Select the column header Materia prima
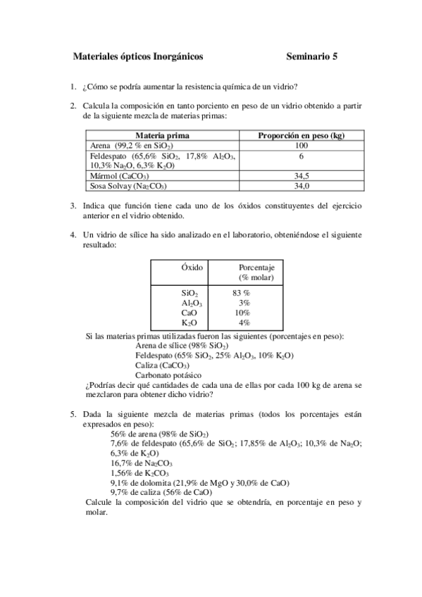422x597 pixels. (162, 135)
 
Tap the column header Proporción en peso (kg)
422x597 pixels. (302, 135)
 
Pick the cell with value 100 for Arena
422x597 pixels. (302, 145)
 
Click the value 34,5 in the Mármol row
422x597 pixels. (302, 176)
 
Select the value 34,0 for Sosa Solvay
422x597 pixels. (302, 186)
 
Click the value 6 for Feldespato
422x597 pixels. (302, 156)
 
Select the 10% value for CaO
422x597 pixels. (242, 313)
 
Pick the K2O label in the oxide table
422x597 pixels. (190, 323)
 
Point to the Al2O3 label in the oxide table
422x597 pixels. (192, 303)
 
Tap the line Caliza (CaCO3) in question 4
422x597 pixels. (161, 365)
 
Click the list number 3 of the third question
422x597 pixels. (73, 206)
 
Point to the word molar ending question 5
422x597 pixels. (96, 513)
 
